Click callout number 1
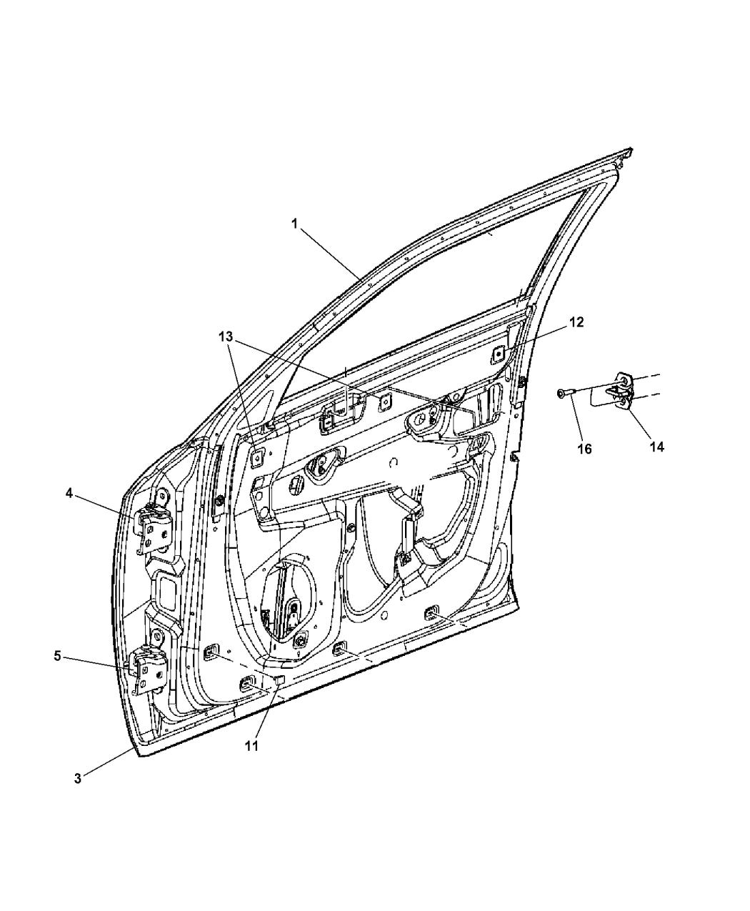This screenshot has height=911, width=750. point(294,224)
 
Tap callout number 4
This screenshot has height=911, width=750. point(69,494)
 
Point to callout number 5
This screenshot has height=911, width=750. point(58,668)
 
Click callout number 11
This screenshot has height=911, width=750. point(251,746)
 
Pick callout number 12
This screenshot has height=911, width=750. point(576,322)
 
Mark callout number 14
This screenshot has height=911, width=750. point(656,447)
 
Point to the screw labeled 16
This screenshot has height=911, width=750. point(566,394)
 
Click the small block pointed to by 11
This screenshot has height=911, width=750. point(279,679)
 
